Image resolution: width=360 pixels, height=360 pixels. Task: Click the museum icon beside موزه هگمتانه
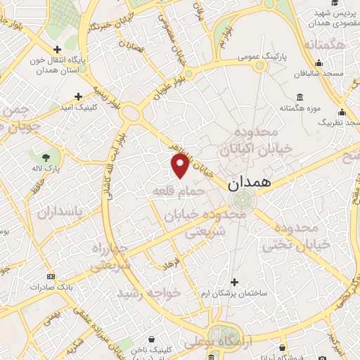pyautogui.click(x=300, y=97)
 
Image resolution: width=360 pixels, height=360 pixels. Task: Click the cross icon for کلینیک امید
pyautogui.click(x=78, y=96)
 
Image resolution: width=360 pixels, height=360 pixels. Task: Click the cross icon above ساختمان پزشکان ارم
pyautogui.click(x=234, y=281)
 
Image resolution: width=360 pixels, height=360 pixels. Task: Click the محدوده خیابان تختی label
pyautogui.click(x=291, y=237)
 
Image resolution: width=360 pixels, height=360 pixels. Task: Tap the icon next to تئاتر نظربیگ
pyautogui.click(x=342, y=112)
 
